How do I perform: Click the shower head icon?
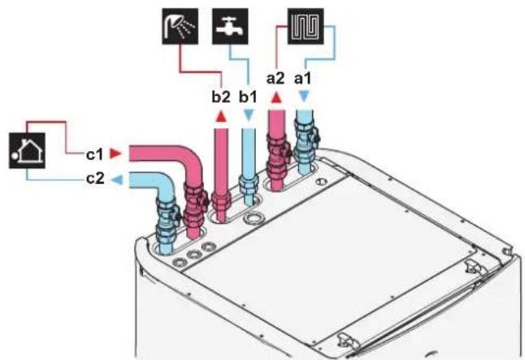point(180,27)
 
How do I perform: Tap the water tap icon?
point(230,27)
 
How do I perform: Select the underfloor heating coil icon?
point(306,27)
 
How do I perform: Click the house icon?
point(27,150)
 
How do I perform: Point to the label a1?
point(302,79)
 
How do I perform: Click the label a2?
point(276,79)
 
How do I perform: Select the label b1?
point(248,98)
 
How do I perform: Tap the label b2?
point(221,98)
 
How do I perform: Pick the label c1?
point(95,154)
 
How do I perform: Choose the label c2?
point(95,179)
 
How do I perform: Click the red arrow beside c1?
point(115,154)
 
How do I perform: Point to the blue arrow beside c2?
point(117,180)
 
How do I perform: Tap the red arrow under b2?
point(221,117)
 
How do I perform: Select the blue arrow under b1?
point(248,115)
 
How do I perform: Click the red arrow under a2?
point(276,98)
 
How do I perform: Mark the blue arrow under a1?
point(304,97)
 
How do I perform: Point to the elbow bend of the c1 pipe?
point(189,161)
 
